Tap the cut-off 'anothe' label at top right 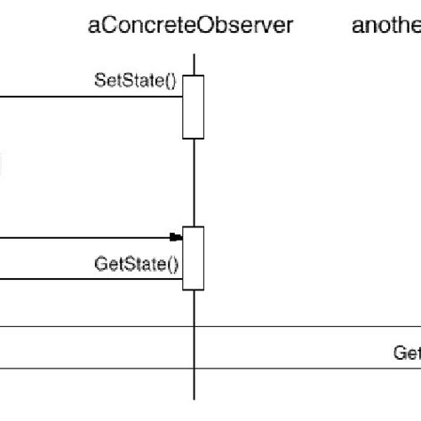pos(386,27)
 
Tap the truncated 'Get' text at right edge pos(407,353)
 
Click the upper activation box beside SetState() pos(194,107)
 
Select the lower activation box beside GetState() pos(194,258)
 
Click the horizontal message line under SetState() pos(89,97)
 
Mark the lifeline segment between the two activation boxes pos(194,182)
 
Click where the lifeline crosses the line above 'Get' pos(194,326)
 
